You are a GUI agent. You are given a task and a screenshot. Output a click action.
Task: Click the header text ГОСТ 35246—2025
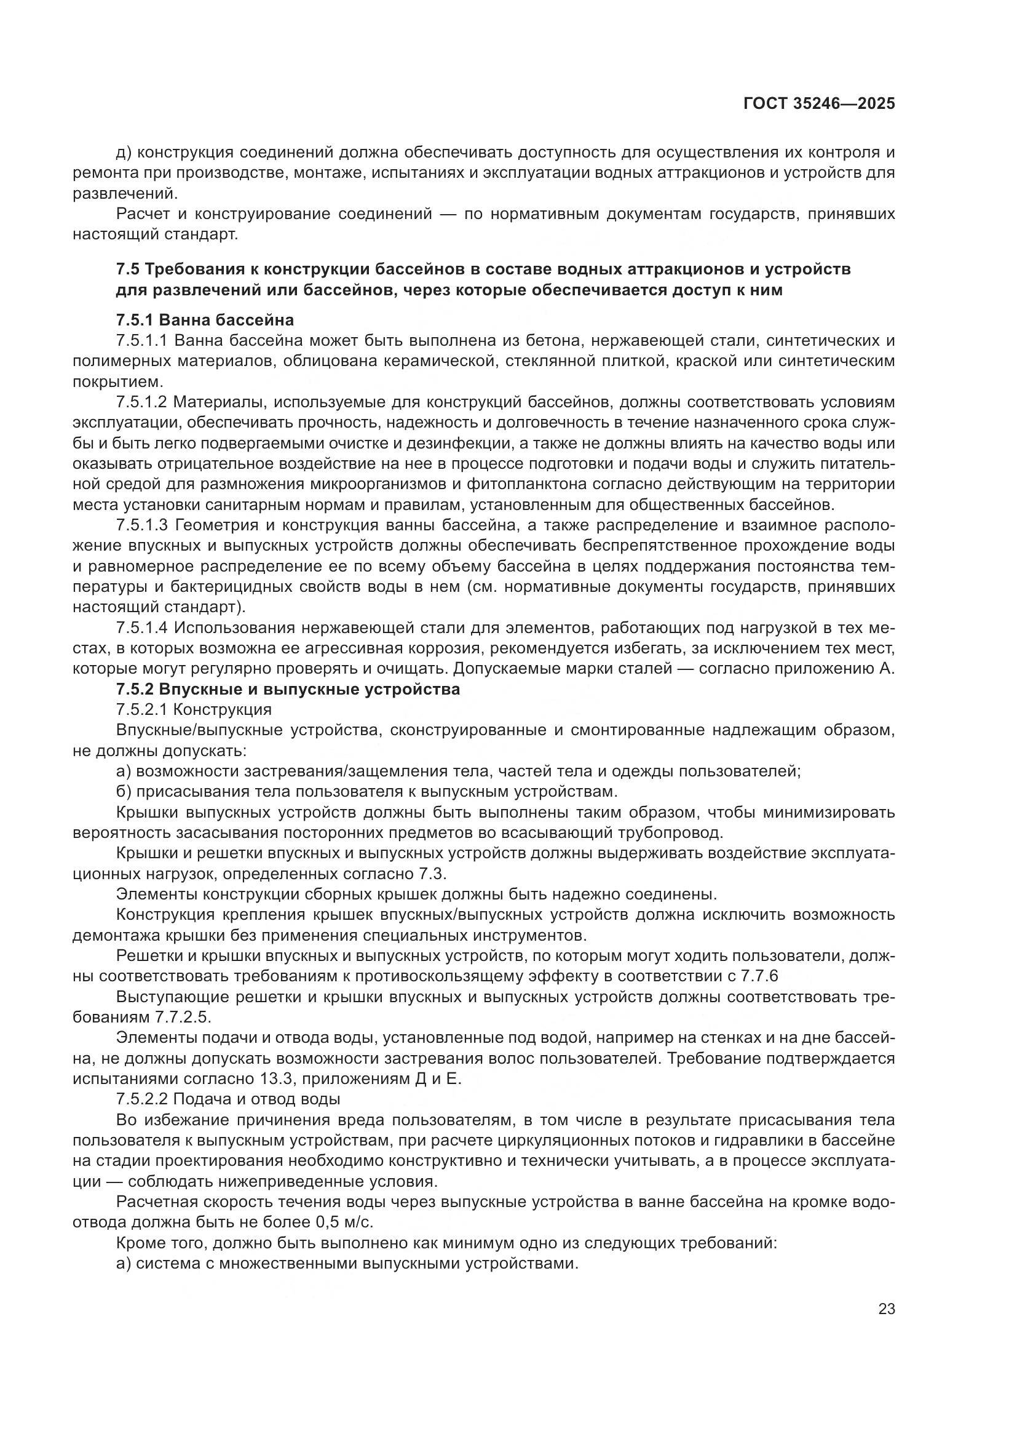tap(819, 104)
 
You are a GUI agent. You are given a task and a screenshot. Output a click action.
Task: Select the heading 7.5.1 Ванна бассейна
tap(205, 321)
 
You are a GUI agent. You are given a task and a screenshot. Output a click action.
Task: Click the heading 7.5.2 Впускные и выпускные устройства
tap(288, 690)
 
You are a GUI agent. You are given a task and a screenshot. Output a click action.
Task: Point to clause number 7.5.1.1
tap(142, 341)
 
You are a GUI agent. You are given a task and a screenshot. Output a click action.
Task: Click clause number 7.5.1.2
tap(142, 402)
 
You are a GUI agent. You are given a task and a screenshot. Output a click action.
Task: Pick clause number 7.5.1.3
tap(142, 525)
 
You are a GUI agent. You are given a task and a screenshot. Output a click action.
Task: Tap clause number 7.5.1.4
tap(142, 628)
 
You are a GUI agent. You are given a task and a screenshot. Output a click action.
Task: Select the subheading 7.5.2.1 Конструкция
tap(194, 710)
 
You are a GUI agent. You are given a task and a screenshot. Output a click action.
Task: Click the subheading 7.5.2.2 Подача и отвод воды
tap(228, 1099)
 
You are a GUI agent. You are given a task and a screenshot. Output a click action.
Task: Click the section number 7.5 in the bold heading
tap(129, 269)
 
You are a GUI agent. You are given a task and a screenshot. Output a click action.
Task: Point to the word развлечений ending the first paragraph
tap(125, 193)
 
